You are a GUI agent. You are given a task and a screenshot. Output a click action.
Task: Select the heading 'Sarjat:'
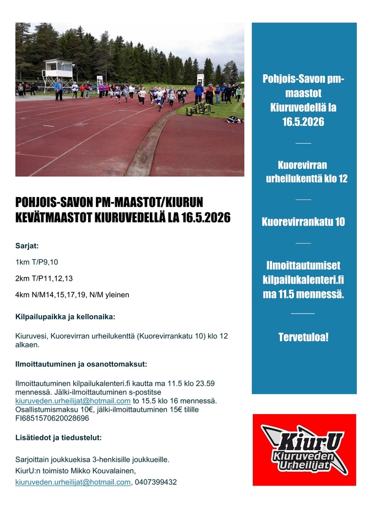(27, 246)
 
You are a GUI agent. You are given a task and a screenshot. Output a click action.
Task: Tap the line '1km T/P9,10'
(36, 262)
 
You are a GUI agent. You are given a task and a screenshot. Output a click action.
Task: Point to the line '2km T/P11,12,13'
(44, 279)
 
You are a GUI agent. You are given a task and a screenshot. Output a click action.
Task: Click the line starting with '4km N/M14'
(72, 295)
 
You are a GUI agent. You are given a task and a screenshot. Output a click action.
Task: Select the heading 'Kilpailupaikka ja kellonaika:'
(65, 317)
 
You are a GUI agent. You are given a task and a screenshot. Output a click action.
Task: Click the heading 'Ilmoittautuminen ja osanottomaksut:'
(81, 364)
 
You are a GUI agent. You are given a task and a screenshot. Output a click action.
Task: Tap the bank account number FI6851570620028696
(52, 418)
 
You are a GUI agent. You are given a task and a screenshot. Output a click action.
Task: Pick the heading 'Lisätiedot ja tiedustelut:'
(58, 438)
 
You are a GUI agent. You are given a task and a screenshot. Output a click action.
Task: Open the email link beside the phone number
(73, 482)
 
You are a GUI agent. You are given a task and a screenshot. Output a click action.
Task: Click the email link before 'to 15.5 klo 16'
(73, 401)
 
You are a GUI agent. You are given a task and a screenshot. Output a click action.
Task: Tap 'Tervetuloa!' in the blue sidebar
(303, 336)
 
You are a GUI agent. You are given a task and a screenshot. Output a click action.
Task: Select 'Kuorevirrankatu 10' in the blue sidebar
(303, 222)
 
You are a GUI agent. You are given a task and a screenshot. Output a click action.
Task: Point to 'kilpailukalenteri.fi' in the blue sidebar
(303, 280)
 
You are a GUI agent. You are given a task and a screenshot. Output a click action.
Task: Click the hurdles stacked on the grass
(199, 109)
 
